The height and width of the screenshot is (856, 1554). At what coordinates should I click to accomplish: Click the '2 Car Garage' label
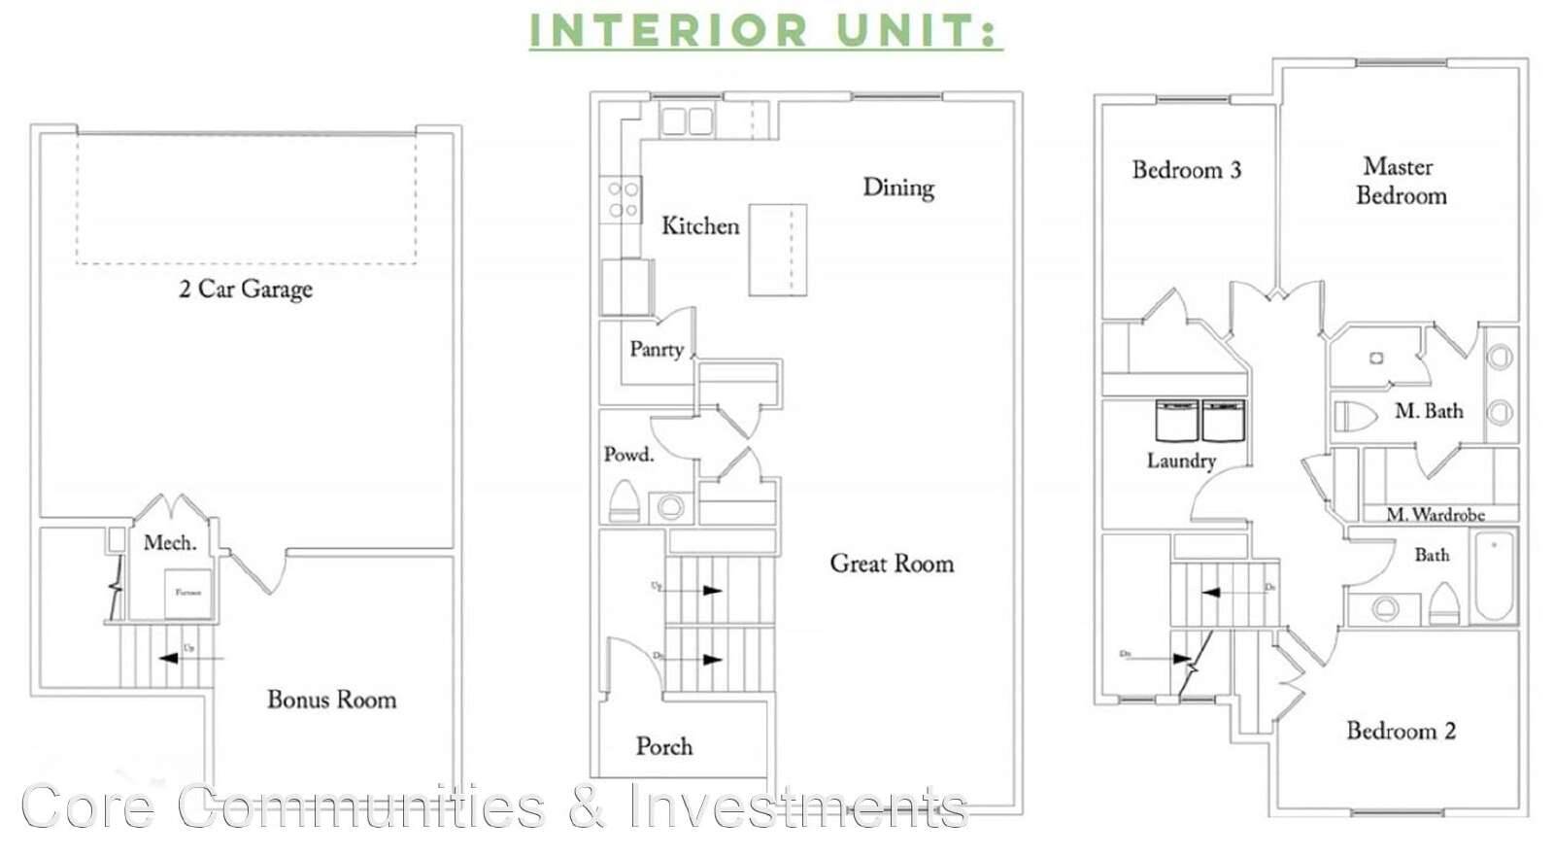(246, 289)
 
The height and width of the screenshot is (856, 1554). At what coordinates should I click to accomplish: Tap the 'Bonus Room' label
(331, 700)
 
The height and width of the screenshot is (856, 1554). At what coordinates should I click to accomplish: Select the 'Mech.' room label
(170, 542)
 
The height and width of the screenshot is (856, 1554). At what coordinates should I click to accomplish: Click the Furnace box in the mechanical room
(186, 593)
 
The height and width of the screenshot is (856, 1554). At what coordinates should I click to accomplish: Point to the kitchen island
(777, 250)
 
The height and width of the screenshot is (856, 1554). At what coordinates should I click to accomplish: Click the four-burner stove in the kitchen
(621, 199)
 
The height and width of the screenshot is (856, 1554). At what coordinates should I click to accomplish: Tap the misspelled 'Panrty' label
(657, 349)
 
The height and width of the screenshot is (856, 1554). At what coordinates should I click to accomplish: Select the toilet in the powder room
(624, 501)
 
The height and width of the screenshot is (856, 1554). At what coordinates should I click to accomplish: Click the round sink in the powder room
(668, 506)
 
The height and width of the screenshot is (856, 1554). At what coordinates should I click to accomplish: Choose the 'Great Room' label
(892, 564)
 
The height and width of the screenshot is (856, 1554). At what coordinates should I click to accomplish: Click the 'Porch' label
(664, 746)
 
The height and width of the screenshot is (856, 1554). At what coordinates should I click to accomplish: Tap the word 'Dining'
(898, 187)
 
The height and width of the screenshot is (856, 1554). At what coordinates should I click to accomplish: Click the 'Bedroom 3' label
(1186, 170)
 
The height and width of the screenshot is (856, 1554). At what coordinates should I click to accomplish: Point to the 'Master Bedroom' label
(1400, 181)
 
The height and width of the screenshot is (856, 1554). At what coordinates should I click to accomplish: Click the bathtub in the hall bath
(1494, 575)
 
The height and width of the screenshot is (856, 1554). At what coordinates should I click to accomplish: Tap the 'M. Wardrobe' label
(1435, 514)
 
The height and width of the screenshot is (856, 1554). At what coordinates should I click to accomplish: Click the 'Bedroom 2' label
(1401, 731)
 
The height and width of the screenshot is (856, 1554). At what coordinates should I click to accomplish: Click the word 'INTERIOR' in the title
(668, 29)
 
